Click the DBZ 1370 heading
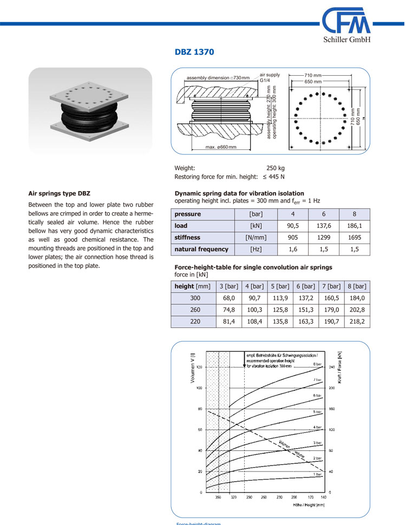(x=194, y=52)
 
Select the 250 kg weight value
(x=276, y=168)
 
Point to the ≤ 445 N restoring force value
(x=274, y=177)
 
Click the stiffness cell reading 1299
(x=323, y=238)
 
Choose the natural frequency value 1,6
(x=293, y=250)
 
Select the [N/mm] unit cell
(x=256, y=238)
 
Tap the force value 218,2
(x=356, y=321)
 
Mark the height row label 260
(x=195, y=310)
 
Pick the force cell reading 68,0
(x=228, y=298)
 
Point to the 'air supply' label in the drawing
(x=270, y=75)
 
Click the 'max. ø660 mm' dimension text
(x=221, y=147)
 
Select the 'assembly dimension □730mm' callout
(x=218, y=78)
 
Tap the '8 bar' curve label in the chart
(x=317, y=364)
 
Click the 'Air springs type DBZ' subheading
(x=59, y=193)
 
